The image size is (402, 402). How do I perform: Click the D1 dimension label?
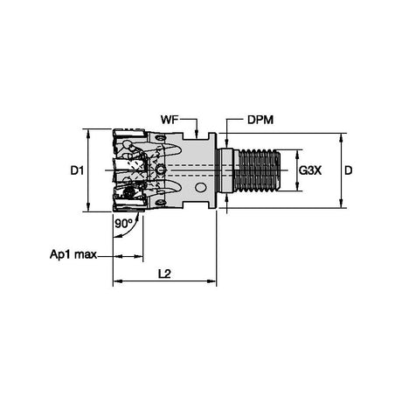[77, 170]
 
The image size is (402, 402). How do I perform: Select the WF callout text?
[170, 120]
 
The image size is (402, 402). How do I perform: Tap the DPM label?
[260, 120]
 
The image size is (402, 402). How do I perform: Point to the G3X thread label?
[310, 170]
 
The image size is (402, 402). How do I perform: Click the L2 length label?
[164, 274]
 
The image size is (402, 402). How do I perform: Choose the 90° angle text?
[123, 224]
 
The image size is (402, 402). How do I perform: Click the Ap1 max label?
[73, 254]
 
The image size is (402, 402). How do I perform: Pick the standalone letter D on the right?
[349, 170]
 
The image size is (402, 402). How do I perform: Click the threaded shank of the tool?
[258, 170]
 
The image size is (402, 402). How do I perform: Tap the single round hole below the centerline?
[200, 187]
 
